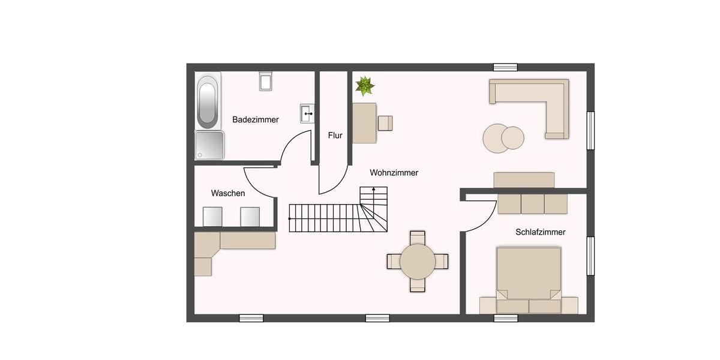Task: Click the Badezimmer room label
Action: tap(256, 120)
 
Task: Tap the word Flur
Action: tap(335, 136)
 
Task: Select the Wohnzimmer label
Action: tap(394, 173)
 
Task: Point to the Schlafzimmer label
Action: tap(540, 232)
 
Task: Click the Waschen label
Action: tap(227, 194)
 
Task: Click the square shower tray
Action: tap(209, 145)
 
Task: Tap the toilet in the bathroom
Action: tap(266, 81)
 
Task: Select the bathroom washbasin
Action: tap(307, 112)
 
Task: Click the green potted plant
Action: tap(364, 86)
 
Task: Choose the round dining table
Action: tap(418, 262)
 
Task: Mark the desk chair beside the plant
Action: tap(385, 123)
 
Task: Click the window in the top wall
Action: tap(505, 67)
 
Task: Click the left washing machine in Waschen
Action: tap(212, 217)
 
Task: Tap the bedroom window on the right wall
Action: tap(590, 256)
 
